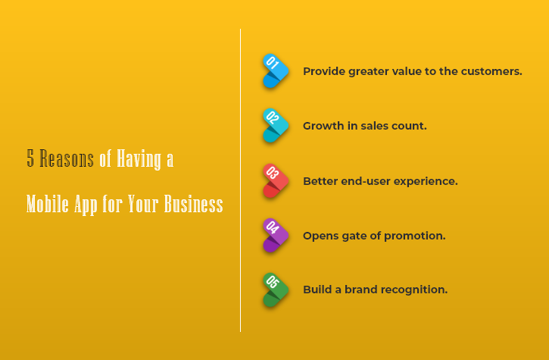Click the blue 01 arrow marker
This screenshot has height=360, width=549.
click(x=276, y=70)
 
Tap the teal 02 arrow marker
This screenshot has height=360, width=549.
click(x=276, y=126)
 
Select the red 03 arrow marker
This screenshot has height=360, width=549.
click(x=276, y=181)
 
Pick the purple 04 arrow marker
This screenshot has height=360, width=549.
click(x=276, y=236)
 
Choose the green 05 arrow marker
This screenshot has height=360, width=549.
click(x=276, y=290)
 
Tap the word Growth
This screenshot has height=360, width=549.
click(x=323, y=126)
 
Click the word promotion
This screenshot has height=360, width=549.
click(x=415, y=236)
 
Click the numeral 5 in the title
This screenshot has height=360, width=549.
click(x=30, y=158)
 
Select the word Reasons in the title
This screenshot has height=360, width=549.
click(x=67, y=158)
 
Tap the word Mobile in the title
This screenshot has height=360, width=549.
click(x=47, y=203)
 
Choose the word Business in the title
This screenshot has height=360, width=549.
click(x=194, y=203)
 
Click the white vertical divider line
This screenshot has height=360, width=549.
click(x=240, y=180)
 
